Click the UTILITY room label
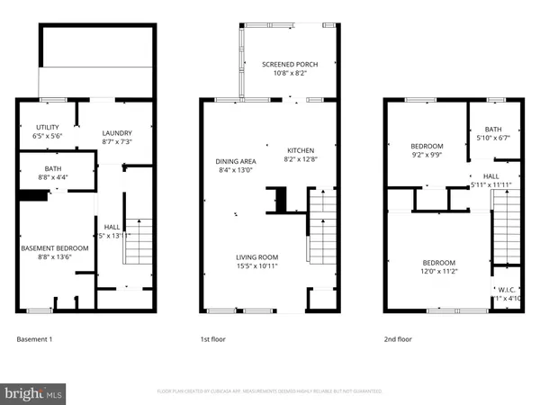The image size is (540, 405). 48,131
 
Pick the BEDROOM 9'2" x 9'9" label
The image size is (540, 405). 427,148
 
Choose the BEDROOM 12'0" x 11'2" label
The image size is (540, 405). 441,266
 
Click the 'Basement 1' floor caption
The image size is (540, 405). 36,339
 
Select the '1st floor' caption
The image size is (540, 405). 212,339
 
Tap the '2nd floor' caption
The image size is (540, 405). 397,339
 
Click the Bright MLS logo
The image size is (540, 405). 34,393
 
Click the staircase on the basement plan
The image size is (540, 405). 134,240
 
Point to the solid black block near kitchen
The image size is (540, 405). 280,200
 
